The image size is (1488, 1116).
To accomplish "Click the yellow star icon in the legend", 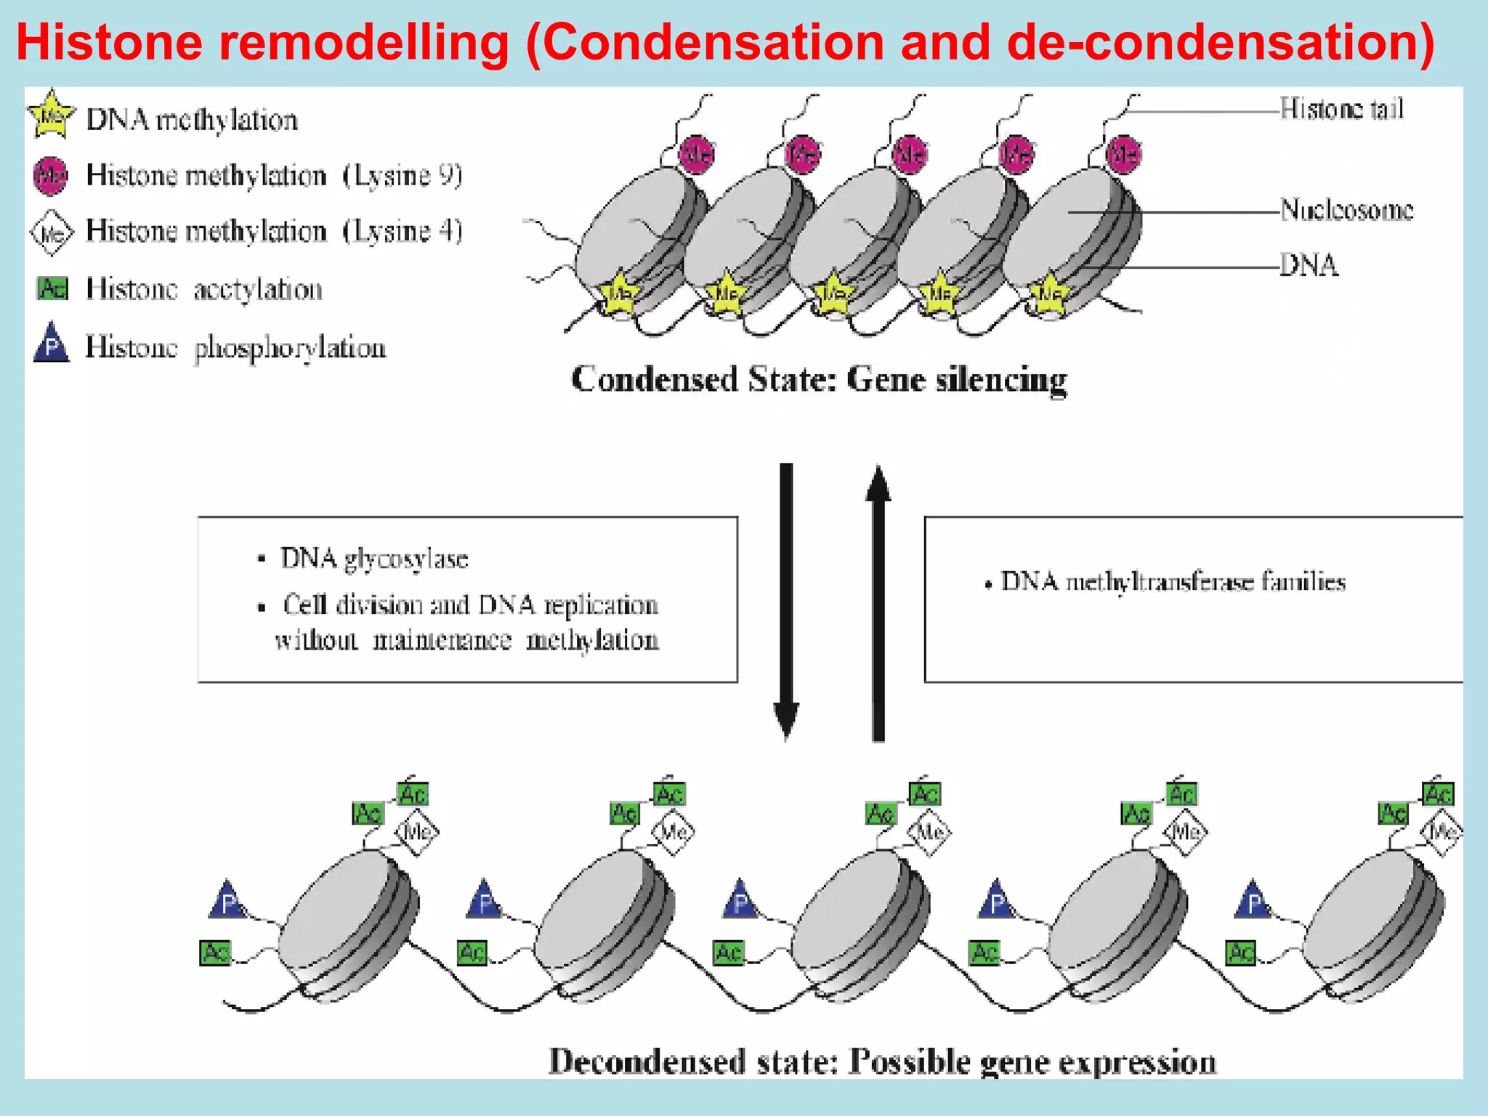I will point(51,115).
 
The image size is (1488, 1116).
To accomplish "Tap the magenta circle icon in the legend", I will point(51,176).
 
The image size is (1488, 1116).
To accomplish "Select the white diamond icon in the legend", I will point(52,233).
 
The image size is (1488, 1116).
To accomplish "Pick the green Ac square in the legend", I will point(52,288).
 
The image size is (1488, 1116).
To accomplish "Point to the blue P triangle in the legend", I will point(52,344).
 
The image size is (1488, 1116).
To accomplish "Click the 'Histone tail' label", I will point(1341,109).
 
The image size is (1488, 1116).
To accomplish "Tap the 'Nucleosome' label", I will point(1346,210).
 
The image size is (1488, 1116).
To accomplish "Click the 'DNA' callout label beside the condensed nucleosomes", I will point(1309,266).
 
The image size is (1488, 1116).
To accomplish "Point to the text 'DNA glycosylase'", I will point(374,559).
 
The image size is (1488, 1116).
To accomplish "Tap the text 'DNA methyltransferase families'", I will point(1173,582).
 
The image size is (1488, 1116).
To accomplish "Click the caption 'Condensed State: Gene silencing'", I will point(819,380).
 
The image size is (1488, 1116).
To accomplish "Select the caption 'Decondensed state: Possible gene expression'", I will point(882,1062).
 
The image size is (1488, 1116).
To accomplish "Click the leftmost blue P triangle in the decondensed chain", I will point(227,902).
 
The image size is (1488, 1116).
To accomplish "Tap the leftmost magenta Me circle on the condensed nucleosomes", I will point(697,154).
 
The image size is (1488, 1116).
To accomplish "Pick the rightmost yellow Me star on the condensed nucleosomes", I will point(1049,294).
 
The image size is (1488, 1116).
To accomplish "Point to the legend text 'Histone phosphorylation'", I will point(235,347).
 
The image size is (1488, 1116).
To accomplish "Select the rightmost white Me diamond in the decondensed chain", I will point(1442,831).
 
